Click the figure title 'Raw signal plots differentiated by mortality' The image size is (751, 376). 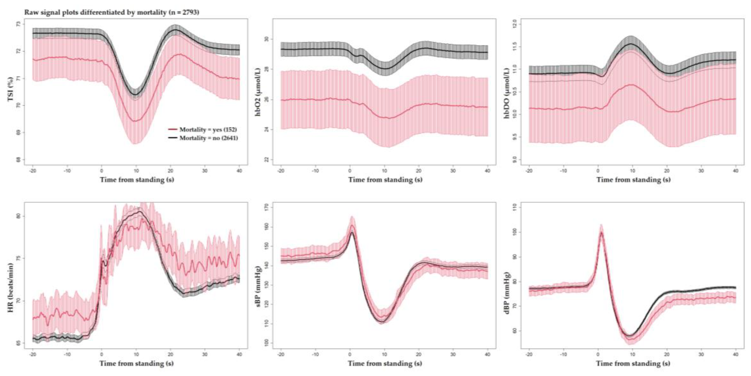[112, 12]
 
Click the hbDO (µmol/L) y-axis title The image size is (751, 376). [506, 93]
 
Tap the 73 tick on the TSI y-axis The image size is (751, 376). [18, 24]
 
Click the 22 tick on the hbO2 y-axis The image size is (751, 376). [266, 159]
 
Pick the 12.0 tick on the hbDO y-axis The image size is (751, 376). [514, 24]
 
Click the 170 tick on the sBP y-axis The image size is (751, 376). [266, 207]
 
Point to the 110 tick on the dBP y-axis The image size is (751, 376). [514, 207]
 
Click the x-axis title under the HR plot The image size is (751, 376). [136, 363]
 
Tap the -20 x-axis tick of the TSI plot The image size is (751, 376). [33, 171]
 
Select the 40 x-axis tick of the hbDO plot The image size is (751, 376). [735, 171]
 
